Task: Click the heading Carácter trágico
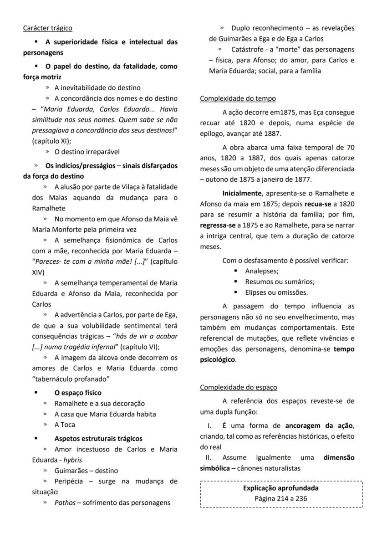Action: (47, 28)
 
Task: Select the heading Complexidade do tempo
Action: (238, 98)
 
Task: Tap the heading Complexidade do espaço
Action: (238, 387)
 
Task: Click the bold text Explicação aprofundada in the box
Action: (280, 488)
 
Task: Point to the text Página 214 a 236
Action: (280, 498)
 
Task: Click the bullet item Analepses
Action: (261, 271)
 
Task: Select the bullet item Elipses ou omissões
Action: (276, 292)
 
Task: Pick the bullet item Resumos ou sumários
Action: (280, 282)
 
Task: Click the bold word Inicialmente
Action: (242, 193)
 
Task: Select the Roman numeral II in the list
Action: (208, 457)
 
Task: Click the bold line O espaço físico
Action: (78, 393)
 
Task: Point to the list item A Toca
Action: (65, 425)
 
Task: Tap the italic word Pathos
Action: (65, 503)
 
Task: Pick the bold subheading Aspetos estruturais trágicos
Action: (98, 439)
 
